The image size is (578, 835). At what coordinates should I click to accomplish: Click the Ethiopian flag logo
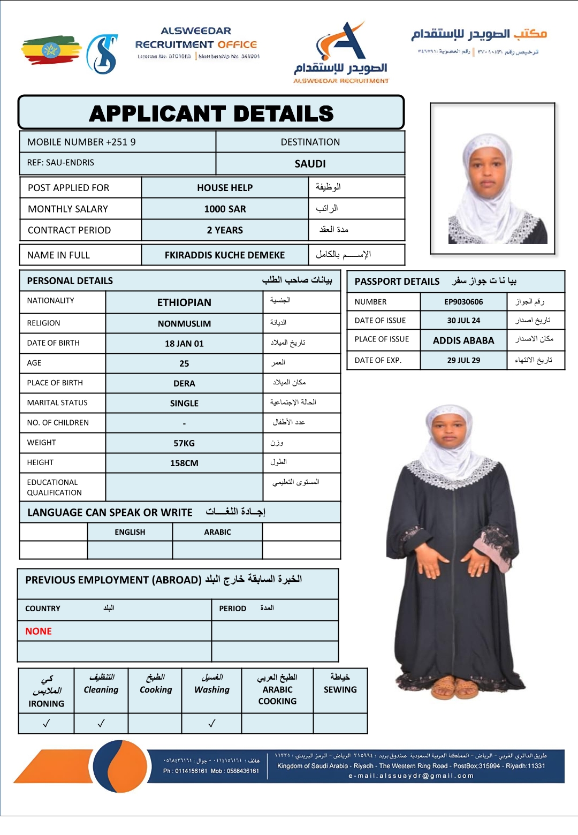(51, 50)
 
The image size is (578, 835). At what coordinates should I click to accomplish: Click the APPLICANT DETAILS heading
(211, 113)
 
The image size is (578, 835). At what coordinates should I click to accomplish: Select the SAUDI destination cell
(310, 164)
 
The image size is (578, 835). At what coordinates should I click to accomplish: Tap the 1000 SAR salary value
(225, 209)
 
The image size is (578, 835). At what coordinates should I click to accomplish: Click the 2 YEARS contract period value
(225, 230)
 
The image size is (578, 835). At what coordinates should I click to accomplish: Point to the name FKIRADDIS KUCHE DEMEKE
(225, 255)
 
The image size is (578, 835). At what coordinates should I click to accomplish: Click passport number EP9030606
(463, 302)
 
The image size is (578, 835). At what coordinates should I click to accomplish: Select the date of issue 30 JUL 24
(463, 321)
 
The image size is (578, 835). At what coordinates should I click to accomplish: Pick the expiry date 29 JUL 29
(463, 360)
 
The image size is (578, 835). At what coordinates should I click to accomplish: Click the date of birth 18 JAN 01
(184, 344)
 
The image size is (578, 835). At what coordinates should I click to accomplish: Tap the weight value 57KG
(184, 443)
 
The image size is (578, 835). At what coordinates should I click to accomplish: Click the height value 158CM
(184, 463)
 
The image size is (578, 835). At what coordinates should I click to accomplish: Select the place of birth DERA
(184, 383)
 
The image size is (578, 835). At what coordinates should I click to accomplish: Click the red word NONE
(39, 632)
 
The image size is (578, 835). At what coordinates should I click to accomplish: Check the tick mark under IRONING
(47, 723)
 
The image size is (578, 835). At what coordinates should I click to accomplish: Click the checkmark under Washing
(212, 723)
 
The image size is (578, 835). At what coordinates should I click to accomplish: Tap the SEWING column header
(340, 689)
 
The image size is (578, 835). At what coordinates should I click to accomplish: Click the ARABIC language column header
(217, 532)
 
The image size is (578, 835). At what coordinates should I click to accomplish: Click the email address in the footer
(411, 776)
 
